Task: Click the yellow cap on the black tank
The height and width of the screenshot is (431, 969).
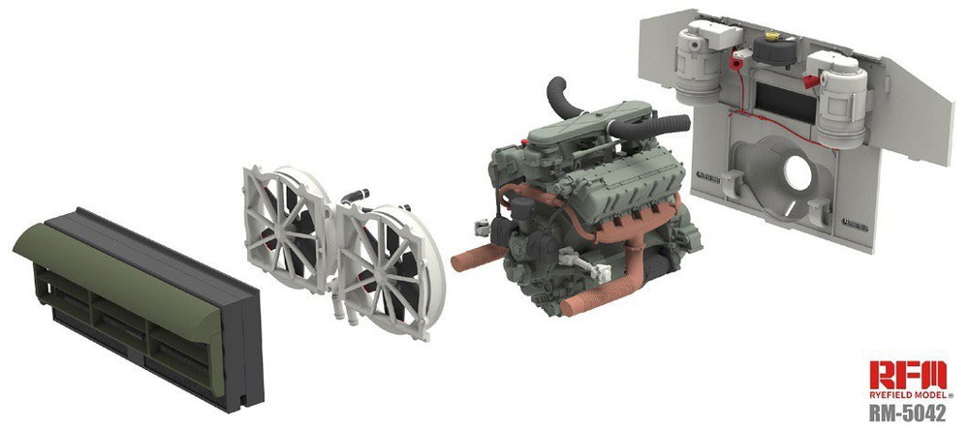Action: [x=772, y=36]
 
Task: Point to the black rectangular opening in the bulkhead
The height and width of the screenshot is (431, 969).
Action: [x=786, y=102]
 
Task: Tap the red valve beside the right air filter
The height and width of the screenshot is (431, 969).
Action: [x=812, y=81]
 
